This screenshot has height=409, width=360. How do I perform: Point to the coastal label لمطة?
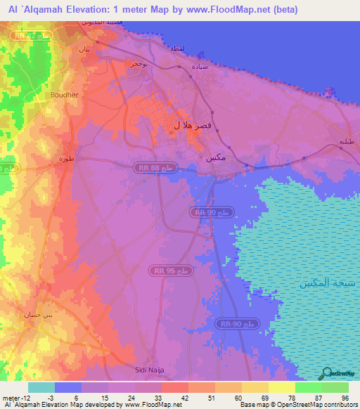tap(177, 48)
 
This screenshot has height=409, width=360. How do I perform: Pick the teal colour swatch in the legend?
tap(41, 387)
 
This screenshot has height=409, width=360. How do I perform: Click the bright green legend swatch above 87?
tap(309, 387)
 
